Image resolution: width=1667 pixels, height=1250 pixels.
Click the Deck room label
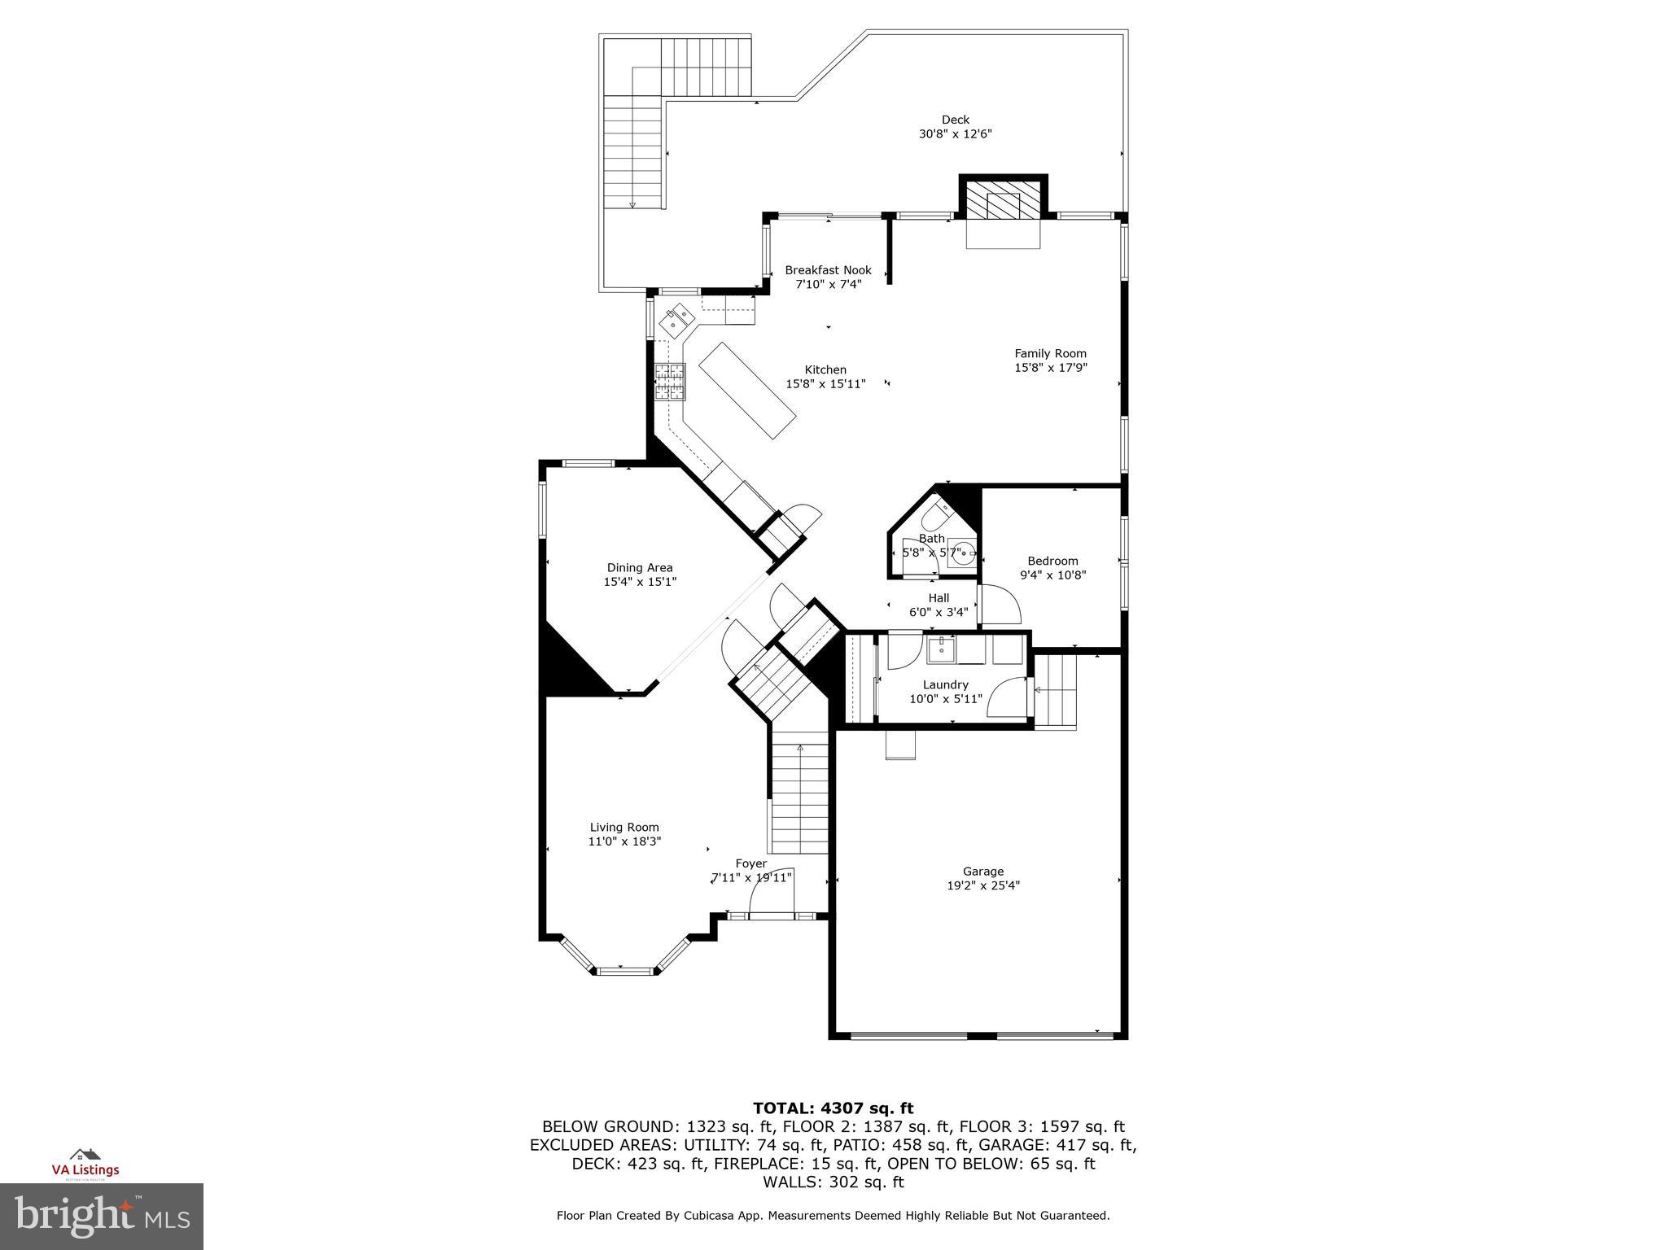[x=955, y=120]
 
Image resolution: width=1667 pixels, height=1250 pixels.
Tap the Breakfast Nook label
[x=828, y=270]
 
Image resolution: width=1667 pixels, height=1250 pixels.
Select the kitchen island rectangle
[x=747, y=391]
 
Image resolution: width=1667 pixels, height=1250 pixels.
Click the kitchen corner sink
[x=676, y=321]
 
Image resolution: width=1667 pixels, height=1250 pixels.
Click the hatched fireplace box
[x=1003, y=199]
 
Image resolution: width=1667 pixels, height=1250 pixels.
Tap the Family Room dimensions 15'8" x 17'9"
[x=1050, y=367]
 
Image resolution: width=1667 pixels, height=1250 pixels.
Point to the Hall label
[x=939, y=598]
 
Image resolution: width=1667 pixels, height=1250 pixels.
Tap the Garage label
[x=982, y=872]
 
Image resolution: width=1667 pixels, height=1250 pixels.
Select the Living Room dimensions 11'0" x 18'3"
[x=624, y=841]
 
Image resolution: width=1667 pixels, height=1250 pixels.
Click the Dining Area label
[x=640, y=568]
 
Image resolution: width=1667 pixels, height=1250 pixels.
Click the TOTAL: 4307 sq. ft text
[x=833, y=1108]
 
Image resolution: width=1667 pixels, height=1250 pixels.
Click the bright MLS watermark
[x=101, y=1216]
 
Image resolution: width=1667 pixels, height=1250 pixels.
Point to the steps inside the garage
[x=1056, y=692]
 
